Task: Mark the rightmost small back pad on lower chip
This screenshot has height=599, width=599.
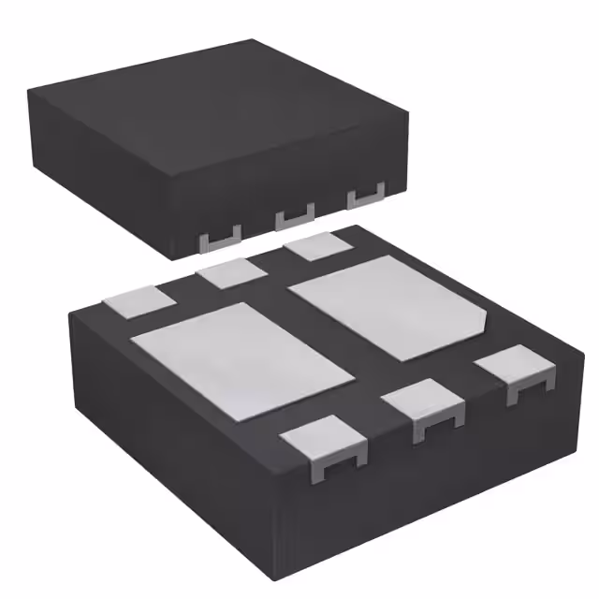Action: coord(316,248)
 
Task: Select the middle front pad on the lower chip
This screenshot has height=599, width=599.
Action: coord(424,402)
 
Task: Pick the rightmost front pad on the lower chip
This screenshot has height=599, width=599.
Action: coord(516,369)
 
